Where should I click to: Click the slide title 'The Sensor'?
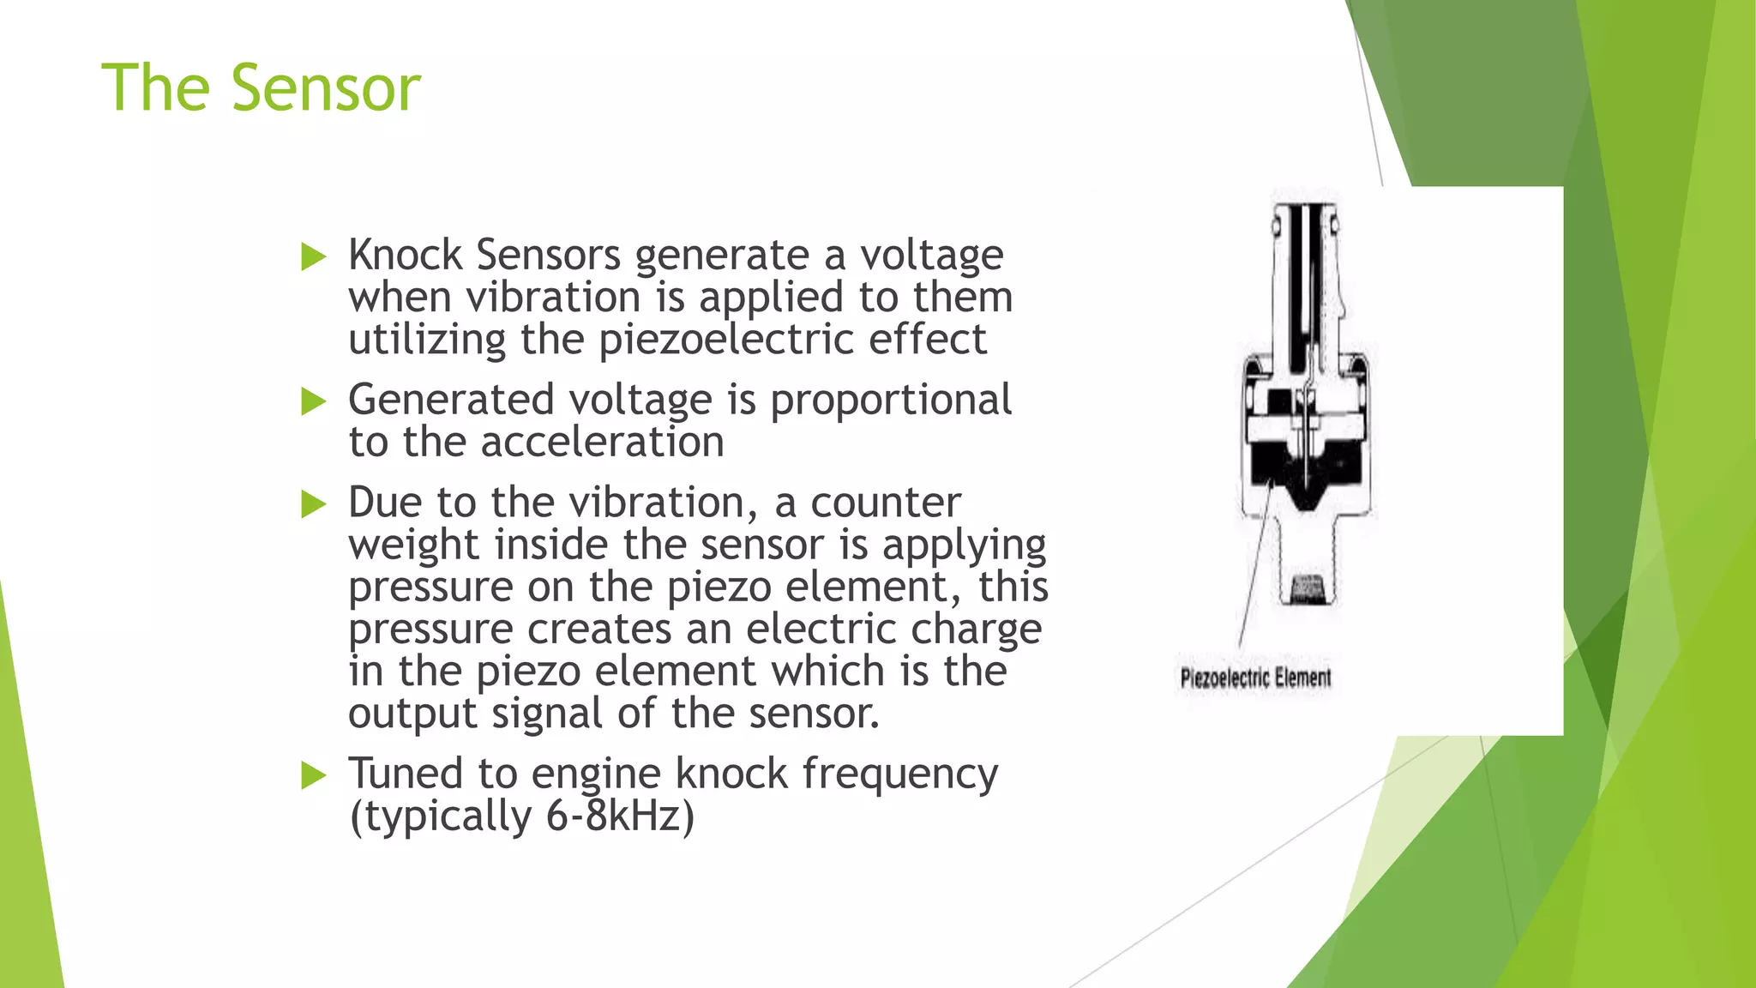coord(261,88)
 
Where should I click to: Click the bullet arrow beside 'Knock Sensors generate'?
coord(314,256)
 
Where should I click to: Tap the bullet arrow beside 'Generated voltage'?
coord(314,401)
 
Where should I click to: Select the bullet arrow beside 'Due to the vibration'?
coord(314,504)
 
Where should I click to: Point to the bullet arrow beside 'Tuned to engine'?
coord(314,775)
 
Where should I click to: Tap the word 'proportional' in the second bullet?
coord(890,401)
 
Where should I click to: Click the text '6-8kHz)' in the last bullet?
coord(620,816)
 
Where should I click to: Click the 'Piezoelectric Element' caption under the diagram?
coord(1255,678)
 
